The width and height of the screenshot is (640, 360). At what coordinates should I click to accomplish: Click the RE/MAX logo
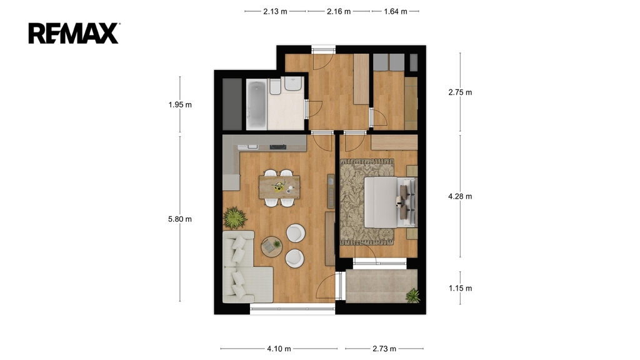tap(74, 34)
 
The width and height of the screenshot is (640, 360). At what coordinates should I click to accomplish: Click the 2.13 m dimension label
tap(275, 11)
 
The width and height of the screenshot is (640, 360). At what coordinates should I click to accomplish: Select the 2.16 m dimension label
tap(339, 11)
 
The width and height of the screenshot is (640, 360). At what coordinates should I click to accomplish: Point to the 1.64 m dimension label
tap(396, 11)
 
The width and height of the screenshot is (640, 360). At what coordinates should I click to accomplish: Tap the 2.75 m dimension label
tap(460, 92)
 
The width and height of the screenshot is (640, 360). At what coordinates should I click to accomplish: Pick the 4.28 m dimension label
tap(460, 196)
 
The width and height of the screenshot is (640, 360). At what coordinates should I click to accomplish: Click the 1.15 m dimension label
tap(460, 288)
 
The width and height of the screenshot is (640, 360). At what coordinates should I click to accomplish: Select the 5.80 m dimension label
tap(180, 219)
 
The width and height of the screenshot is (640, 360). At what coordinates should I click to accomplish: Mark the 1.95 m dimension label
tap(180, 104)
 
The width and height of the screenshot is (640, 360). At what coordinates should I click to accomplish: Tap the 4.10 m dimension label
tap(279, 349)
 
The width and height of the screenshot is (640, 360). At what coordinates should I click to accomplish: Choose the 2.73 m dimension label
tap(384, 349)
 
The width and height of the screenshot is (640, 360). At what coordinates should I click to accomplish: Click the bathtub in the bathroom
tap(256, 104)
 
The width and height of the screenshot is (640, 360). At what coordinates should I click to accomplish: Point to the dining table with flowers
tap(279, 187)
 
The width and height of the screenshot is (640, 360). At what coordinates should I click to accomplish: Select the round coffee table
tap(271, 246)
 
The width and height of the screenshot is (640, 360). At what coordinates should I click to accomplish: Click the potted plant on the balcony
tap(413, 296)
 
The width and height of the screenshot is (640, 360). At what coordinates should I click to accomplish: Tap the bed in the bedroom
tap(391, 202)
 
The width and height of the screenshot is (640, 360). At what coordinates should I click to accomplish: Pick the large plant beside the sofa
tap(235, 217)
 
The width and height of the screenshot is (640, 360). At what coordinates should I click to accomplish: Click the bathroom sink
tap(293, 84)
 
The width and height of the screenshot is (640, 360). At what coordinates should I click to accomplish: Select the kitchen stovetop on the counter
tap(278, 147)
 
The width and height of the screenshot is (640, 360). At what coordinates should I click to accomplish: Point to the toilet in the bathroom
tap(275, 86)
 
